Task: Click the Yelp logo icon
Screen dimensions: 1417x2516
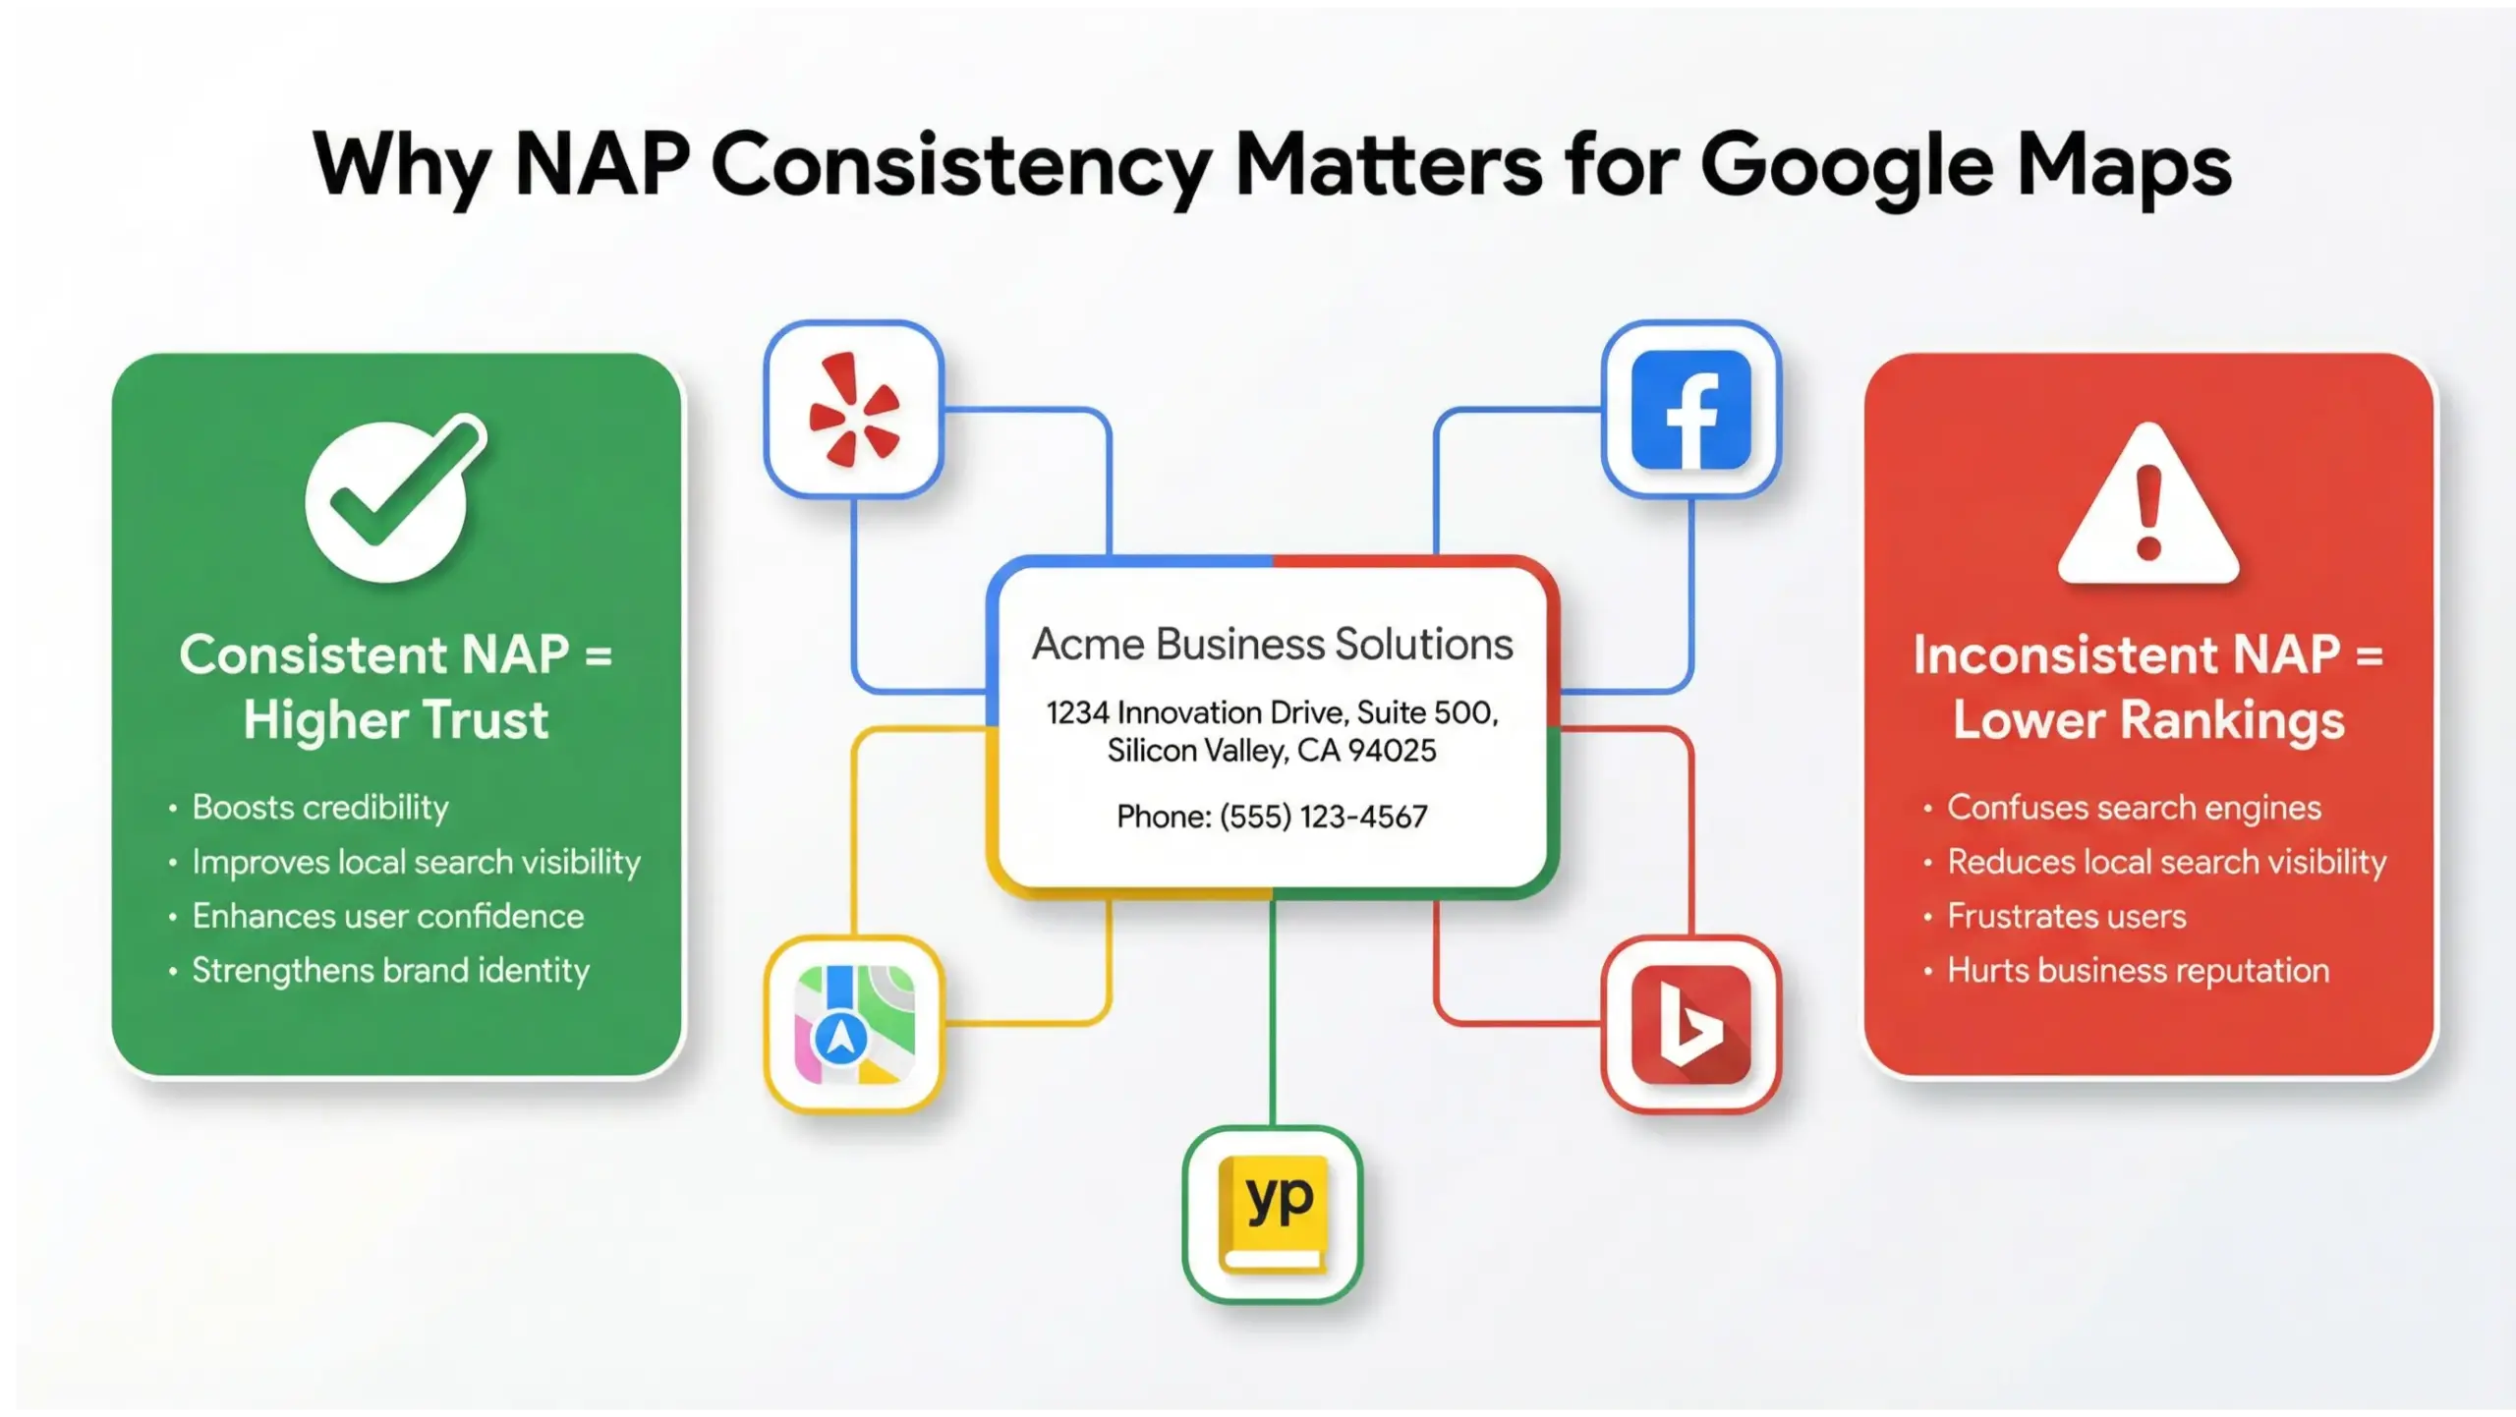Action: pos(853,409)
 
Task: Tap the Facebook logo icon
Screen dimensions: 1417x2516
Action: pos(1690,409)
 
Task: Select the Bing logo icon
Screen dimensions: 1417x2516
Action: pos(1690,1024)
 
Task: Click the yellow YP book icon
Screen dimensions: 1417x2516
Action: pos(1273,1215)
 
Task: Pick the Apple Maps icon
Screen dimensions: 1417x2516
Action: pos(853,1024)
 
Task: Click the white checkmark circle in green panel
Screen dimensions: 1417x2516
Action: pos(388,501)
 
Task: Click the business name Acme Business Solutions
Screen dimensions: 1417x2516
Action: pos(1272,645)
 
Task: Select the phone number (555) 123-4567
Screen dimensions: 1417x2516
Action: pos(1323,817)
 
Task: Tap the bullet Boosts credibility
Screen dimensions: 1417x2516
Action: pos(319,807)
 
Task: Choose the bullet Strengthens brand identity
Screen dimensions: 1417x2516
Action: pos(390,971)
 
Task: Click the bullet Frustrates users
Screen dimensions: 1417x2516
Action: pos(2066,916)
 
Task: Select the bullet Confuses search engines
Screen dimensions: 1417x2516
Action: pos(2134,807)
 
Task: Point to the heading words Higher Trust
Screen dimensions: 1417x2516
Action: pos(395,719)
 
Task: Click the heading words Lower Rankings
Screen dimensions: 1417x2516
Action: pos(2148,719)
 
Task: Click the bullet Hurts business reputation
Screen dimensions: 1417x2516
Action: pos(2138,971)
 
